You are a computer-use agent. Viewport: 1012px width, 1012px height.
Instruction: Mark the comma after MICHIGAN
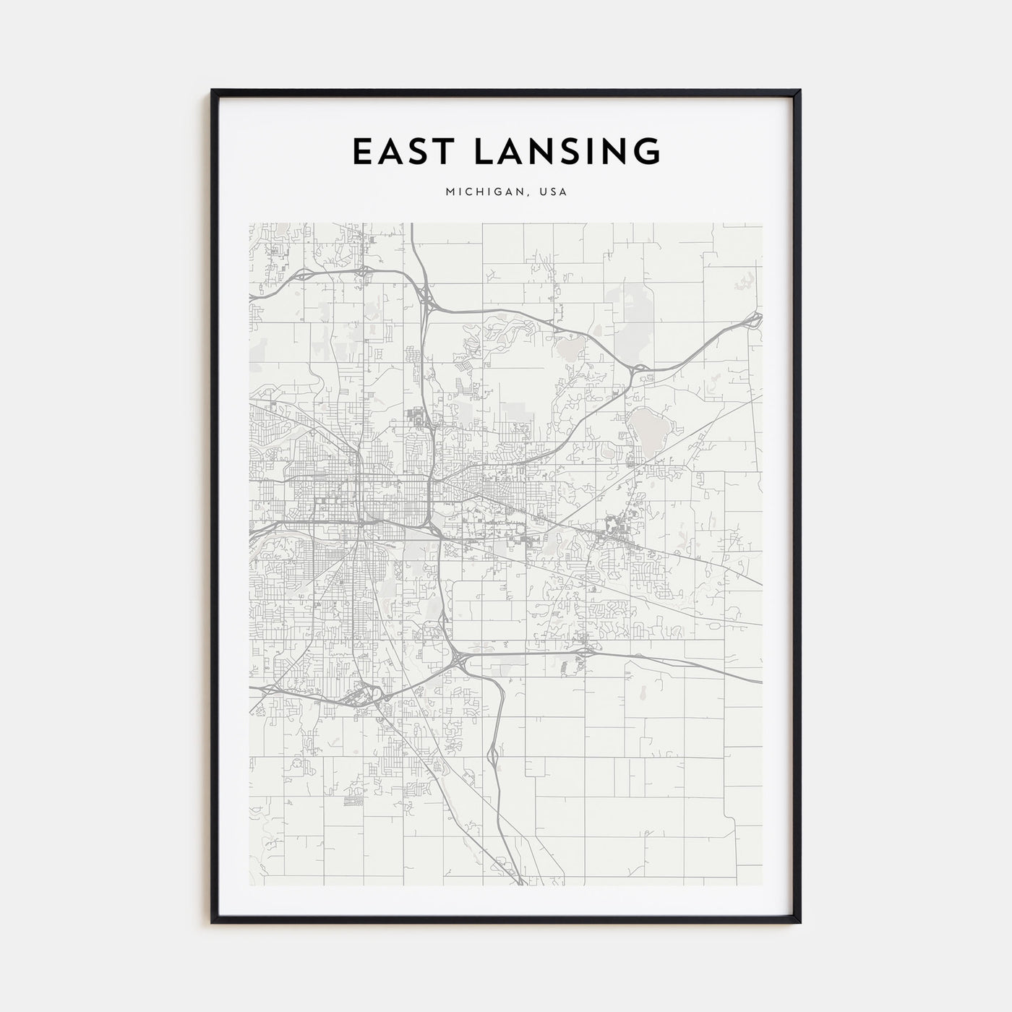tap(528, 194)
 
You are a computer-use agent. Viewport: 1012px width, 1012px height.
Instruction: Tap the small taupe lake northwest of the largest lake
tap(567, 352)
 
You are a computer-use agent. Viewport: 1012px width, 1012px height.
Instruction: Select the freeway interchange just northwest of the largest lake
tap(636, 371)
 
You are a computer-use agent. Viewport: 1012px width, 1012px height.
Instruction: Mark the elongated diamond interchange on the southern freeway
tap(493, 757)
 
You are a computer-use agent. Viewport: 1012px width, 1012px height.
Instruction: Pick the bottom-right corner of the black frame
tap(799, 922)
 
